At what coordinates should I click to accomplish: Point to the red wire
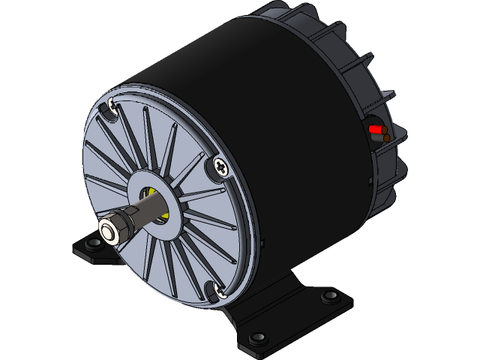click(x=376, y=129)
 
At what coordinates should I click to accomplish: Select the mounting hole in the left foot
click(x=94, y=245)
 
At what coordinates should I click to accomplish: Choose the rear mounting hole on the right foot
click(x=327, y=298)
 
